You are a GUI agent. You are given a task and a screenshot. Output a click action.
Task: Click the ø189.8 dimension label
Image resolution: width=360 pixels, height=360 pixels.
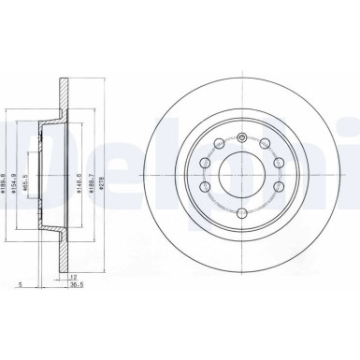[7, 171]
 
